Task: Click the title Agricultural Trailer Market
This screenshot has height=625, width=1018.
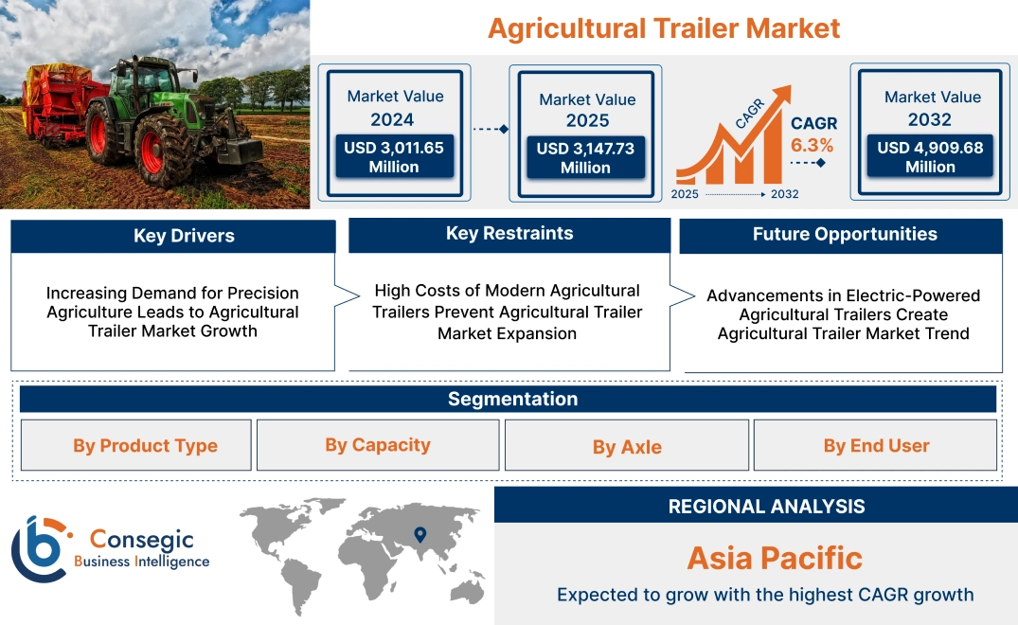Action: pos(663,27)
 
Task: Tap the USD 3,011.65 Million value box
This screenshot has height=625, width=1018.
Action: pos(394,157)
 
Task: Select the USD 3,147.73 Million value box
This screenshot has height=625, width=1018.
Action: pos(585,158)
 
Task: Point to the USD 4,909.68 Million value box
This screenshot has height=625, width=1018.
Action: pos(930,157)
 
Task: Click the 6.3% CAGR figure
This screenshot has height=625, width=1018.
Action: pos(812,145)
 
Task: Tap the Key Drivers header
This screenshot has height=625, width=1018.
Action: pos(184,236)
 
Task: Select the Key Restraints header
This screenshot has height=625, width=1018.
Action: pos(509,234)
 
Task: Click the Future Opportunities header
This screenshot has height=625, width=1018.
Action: pos(845,234)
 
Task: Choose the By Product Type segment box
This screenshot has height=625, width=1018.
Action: pos(145,445)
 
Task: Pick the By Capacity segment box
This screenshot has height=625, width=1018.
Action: pos(378,445)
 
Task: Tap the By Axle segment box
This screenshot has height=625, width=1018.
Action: pos(627,446)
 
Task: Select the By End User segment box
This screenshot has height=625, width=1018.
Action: pos(876,445)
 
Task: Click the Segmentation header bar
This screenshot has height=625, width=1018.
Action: pos(512,399)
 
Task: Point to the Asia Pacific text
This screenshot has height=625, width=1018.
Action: pos(775,558)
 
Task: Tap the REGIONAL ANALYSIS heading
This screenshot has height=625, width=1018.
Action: pos(766,506)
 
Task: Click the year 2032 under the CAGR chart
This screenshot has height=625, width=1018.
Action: pos(784,194)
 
